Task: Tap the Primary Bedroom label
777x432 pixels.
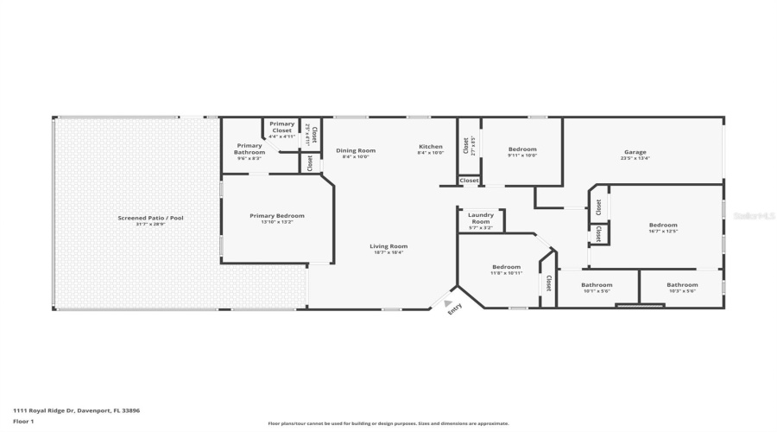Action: (277, 215)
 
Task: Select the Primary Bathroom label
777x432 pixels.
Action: (249, 149)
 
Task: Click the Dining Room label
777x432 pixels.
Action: (355, 150)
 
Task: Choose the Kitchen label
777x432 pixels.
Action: (430, 146)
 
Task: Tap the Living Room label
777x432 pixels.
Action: (390, 245)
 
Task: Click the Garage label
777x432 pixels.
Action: (635, 152)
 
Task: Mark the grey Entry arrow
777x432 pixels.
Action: (446, 302)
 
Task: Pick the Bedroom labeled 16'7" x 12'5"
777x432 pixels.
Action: (663, 226)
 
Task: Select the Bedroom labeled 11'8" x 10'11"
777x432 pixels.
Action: (506, 267)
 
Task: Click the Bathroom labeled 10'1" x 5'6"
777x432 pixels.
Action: (597, 284)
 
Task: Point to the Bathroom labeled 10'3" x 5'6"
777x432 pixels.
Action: (681, 284)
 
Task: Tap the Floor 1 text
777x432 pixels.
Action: (23, 421)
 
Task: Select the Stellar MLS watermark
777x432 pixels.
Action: (753, 216)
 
